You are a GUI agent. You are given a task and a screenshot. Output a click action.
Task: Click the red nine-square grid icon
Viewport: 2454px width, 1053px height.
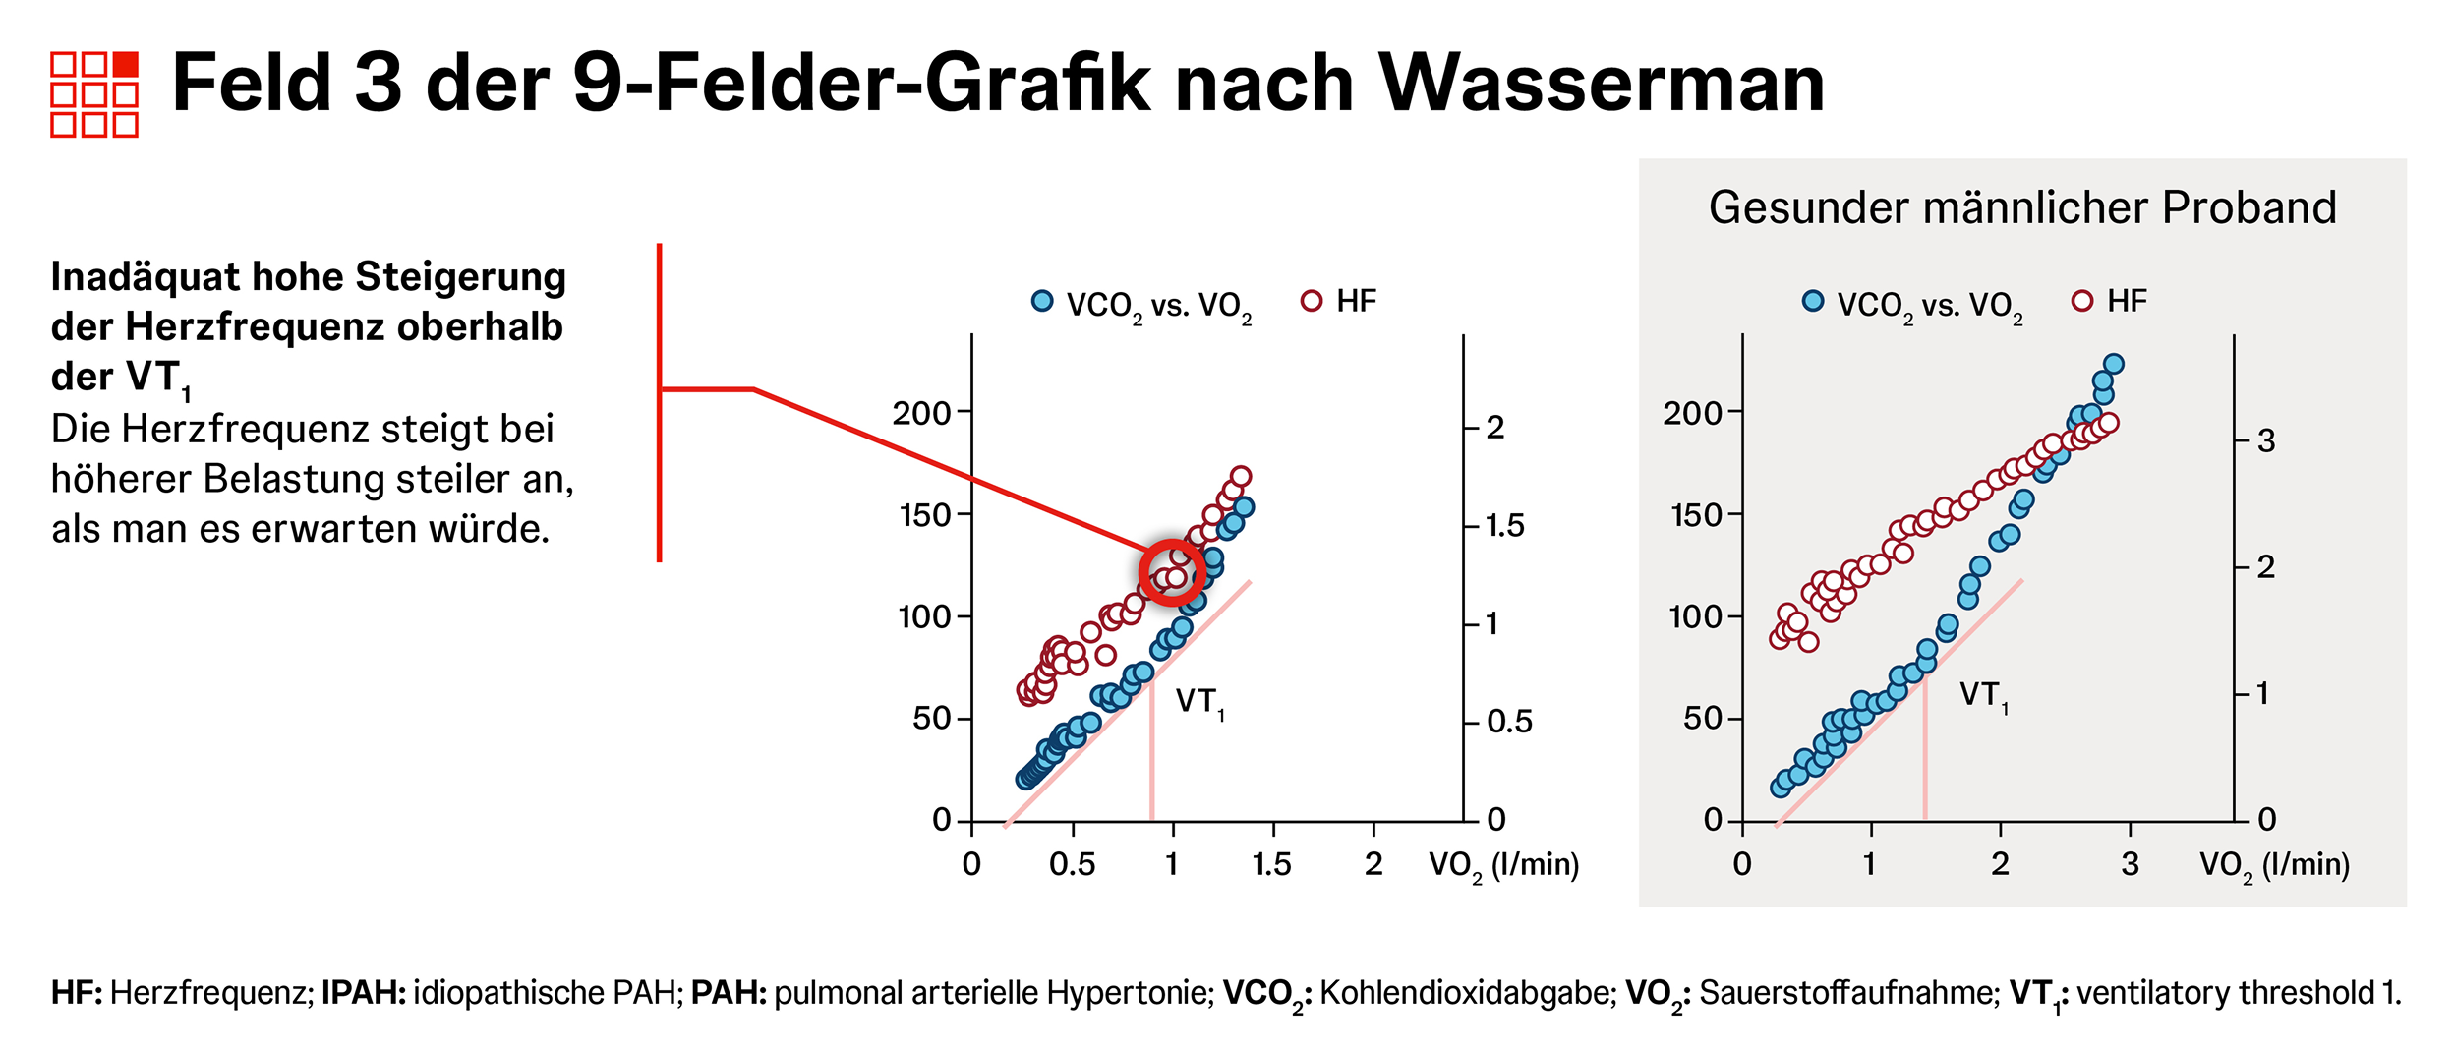tap(94, 94)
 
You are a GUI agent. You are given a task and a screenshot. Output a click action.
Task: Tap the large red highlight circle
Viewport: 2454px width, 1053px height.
tap(1172, 572)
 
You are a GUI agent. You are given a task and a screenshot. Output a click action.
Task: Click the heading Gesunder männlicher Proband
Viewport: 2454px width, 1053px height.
tap(2021, 208)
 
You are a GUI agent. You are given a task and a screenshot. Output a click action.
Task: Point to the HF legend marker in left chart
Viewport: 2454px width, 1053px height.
tap(1312, 301)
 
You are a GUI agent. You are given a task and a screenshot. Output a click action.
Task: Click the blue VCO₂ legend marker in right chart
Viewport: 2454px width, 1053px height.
tap(1813, 301)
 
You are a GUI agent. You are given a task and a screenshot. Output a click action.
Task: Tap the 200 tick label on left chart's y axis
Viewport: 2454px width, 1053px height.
tap(920, 413)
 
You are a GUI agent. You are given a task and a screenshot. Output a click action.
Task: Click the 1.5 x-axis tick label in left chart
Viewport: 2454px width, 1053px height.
tap(1271, 865)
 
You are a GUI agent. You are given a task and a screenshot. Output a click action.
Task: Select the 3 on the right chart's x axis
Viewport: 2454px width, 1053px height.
tap(2130, 865)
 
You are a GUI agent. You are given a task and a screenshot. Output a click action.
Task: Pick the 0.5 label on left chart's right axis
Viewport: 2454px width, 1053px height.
tap(1509, 723)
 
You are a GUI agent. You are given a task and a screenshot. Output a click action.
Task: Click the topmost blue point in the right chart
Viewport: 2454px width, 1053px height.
tap(2113, 365)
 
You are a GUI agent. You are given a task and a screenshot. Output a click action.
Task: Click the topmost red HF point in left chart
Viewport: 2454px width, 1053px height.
tap(1241, 477)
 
